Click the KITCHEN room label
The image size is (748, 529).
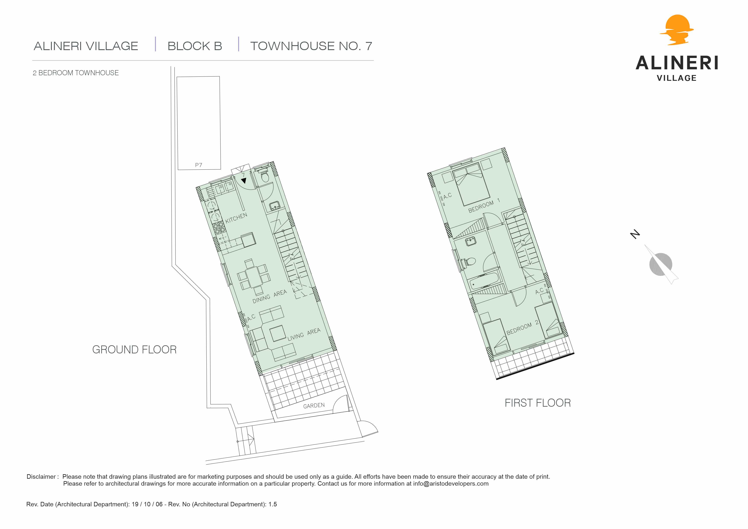click(236, 218)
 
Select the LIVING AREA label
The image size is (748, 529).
click(304, 335)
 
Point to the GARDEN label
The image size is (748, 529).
click(314, 406)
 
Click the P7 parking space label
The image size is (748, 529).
click(198, 165)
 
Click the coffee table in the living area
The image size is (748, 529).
click(278, 334)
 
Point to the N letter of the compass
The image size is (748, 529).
click(635, 234)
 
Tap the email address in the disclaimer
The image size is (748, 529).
click(451, 484)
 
